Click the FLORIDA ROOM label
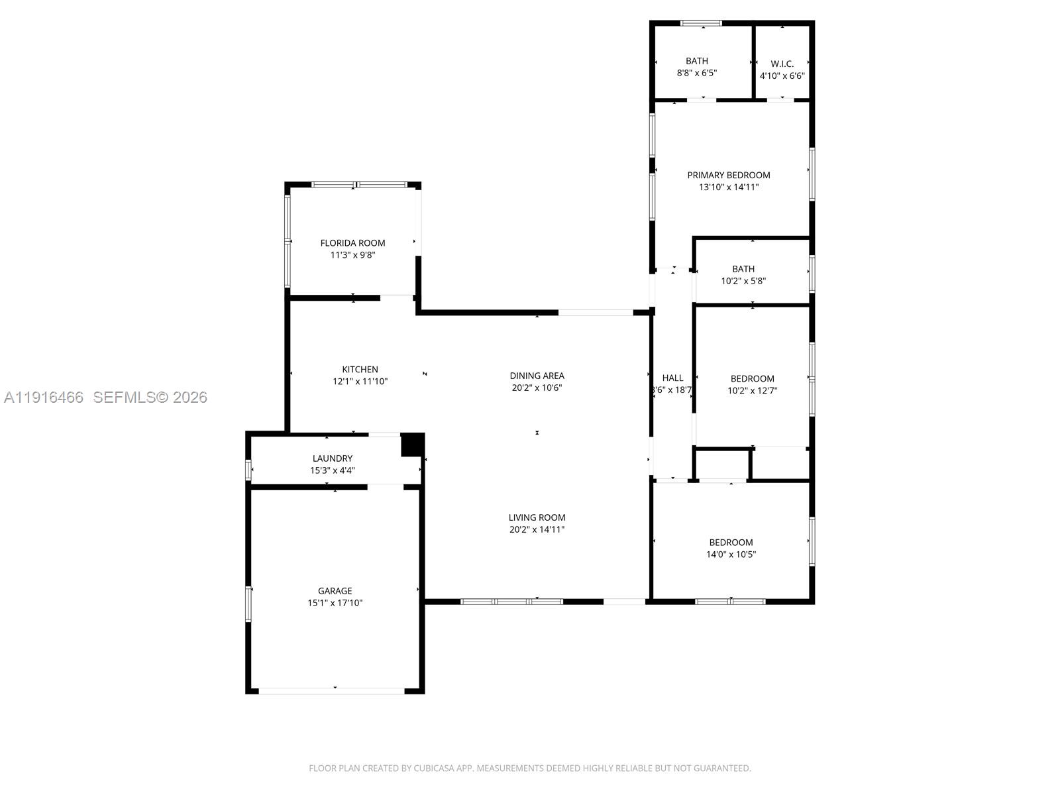point(352,243)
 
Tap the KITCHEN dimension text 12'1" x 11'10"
point(360,382)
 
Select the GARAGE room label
point(335,591)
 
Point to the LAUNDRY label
point(333,458)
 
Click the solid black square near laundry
point(411,444)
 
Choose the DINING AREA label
point(537,376)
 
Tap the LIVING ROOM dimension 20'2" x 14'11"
point(537,529)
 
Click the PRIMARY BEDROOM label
point(728,175)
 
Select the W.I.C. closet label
point(782,64)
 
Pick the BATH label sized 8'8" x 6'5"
point(696,61)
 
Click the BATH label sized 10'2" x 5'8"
point(743,269)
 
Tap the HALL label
point(672,378)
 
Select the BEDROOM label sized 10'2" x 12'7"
point(752,379)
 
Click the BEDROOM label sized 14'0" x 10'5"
point(731,543)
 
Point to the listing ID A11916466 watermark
point(44,397)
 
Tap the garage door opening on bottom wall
point(331,691)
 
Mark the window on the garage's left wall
point(248,604)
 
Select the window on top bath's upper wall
point(701,24)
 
